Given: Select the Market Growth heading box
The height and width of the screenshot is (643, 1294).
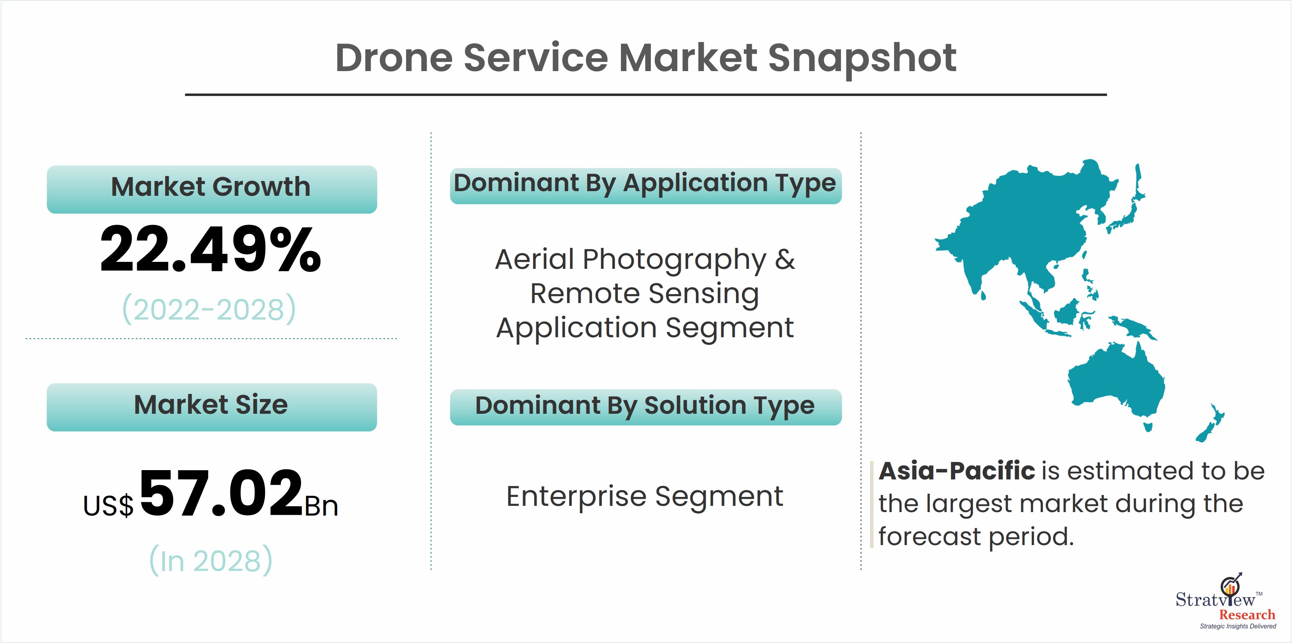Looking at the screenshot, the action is tap(211, 189).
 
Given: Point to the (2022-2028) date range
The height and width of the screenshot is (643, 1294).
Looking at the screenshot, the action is tap(209, 309).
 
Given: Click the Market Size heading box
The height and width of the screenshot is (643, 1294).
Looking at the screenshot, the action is tap(211, 407).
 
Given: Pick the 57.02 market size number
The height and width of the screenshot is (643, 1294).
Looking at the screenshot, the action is tap(221, 492).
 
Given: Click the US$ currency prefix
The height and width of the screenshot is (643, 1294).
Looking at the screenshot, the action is tap(108, 505).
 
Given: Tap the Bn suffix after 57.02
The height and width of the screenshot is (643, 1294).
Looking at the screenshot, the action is tap(321, 505).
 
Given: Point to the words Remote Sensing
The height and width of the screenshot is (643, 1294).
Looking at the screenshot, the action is tap(645, 293).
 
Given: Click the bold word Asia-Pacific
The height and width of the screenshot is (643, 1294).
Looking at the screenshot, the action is tap(956, 471).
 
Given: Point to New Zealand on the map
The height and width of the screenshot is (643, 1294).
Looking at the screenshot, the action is tap(1210, 423).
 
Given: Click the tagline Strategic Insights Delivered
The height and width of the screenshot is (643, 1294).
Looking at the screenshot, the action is tap(1238, 626).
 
